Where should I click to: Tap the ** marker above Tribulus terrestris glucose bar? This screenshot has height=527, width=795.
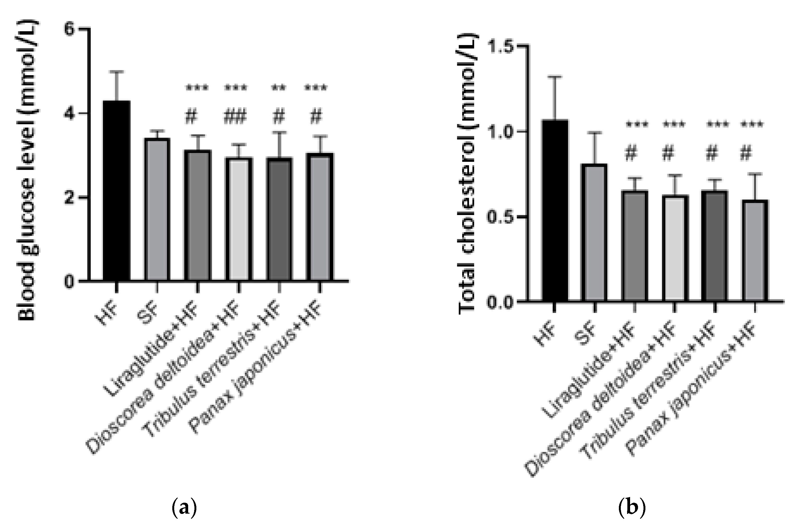(x=279, y=88)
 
